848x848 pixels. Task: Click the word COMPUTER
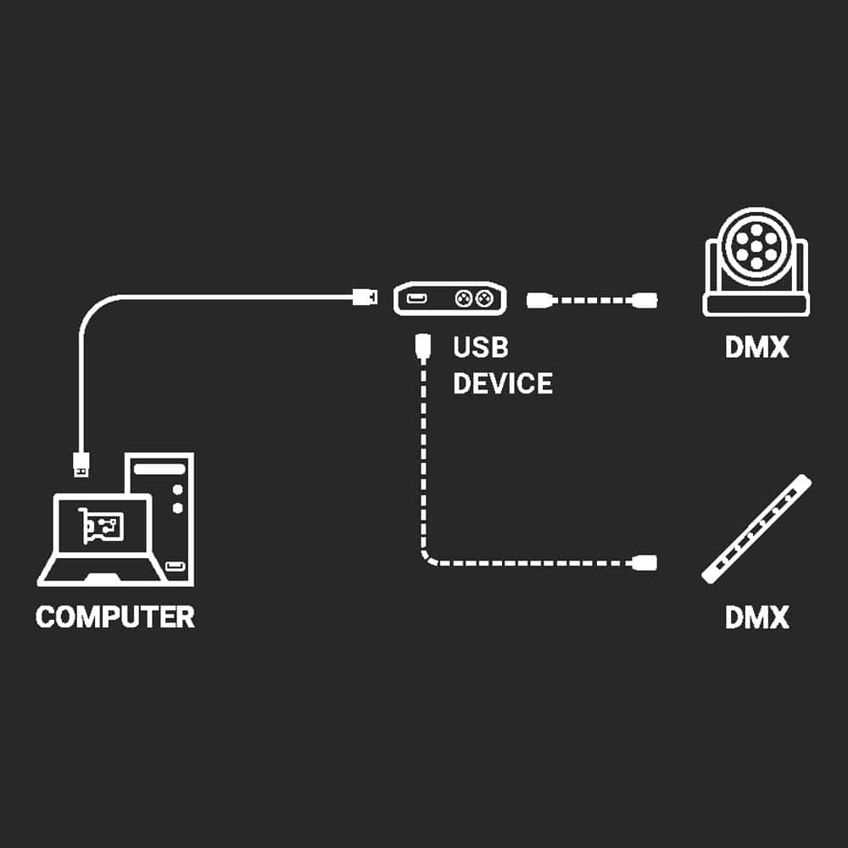pos(115,616)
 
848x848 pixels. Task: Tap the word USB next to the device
pos(480,348)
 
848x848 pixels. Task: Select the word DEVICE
pos(502,383)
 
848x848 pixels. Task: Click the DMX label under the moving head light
pos(756,348)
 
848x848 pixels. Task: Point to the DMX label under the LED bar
pos(756,616)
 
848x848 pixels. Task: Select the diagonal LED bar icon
pos(756,529)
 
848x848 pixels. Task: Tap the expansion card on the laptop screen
pos(100,527)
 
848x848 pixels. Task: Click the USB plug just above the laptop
pos(81,462)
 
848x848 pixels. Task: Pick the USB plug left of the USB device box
pos(365,297)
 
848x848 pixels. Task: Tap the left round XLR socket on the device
pos(464,298)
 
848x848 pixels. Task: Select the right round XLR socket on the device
pos(484,298)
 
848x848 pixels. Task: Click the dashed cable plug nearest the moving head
pos(645,298)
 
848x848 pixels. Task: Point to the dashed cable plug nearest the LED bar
pos(645,561)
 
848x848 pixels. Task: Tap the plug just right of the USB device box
pos(540,299)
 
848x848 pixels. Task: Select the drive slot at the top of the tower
pos(159,468)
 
